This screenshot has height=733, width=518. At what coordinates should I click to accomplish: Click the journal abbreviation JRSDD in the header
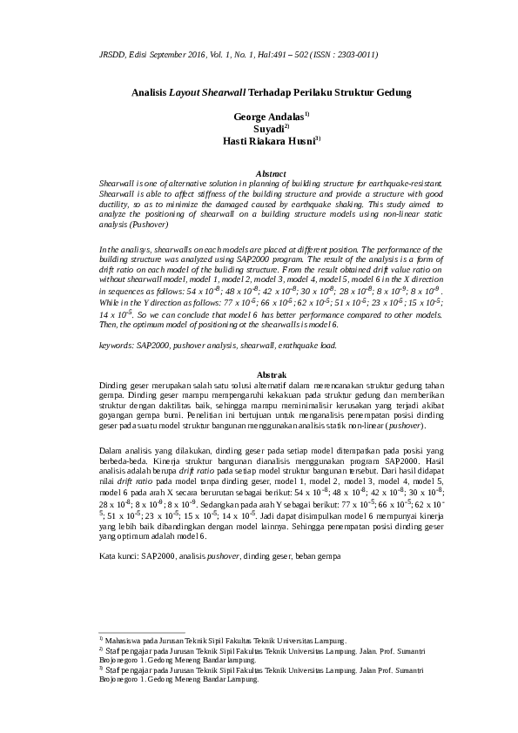click(113, 54)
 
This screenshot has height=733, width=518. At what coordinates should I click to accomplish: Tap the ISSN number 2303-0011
click(356, 54)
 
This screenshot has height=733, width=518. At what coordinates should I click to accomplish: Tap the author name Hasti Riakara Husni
click(257, 139)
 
